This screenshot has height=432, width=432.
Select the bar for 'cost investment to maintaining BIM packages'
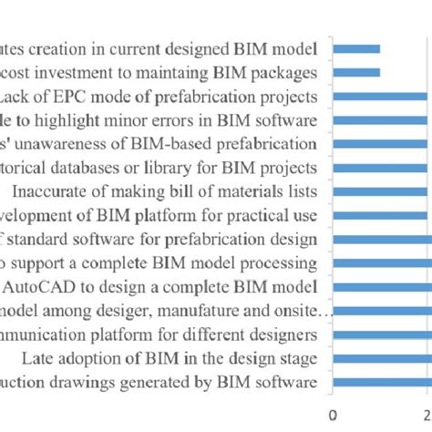pos(357,72)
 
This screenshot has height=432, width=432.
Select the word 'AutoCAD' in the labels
pos(33,287)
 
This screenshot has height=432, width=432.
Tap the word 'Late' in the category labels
pos(36,358)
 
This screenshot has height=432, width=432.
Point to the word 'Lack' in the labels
pos(18,96)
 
